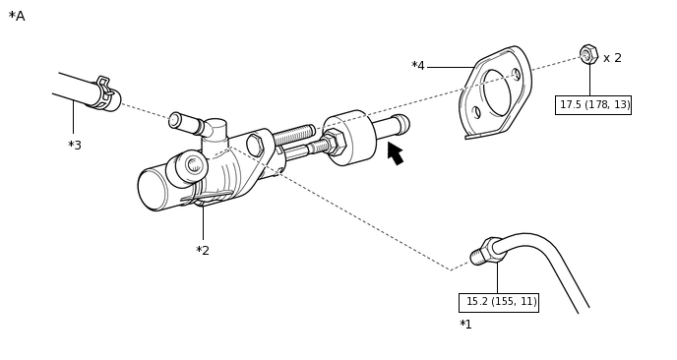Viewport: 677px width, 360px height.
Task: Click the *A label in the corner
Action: click(17, 17)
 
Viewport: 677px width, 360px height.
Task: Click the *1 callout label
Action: click(465, 325)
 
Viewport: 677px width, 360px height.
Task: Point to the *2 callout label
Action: click(203, 251)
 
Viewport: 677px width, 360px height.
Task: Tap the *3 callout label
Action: click(75, 146)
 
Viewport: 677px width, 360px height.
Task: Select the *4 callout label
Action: click(418, 66)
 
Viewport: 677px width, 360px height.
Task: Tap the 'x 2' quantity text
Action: click(612, 58)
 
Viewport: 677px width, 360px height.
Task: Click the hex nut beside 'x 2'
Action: click(588, 54)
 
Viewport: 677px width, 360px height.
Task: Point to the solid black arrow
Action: click(395, 152)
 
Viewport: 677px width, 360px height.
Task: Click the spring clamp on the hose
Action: click(104, 91)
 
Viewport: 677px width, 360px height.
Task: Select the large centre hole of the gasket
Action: click(497, 92)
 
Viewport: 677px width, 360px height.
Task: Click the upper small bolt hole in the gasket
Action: click(516, 75)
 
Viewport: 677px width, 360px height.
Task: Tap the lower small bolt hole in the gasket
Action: click(476, 113)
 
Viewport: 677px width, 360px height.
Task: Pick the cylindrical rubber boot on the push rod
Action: click(349, 138)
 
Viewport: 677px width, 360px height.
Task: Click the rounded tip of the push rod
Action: click(403, 123)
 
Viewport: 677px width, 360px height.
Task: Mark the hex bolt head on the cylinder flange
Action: click(255, 145)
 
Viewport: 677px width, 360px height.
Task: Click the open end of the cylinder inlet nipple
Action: click(175, 120)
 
